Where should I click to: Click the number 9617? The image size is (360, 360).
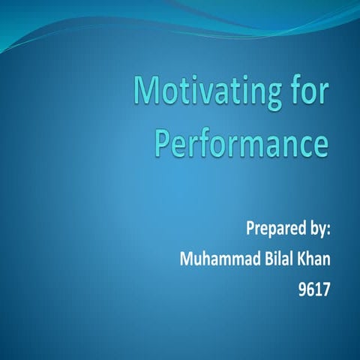pos(314,289)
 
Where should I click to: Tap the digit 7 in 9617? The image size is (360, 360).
pos(325,289)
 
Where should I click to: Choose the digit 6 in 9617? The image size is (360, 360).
pos(310,289)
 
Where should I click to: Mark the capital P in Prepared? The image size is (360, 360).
pos(251,227)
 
